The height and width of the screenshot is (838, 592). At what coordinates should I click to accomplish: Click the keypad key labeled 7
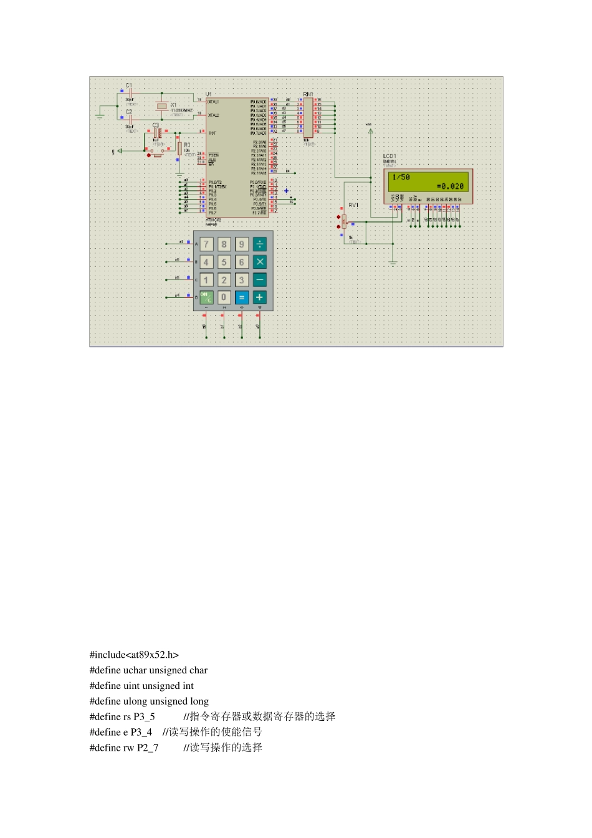(x=206, y=244)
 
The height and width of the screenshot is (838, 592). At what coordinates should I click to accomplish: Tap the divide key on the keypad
(x=260, y=244)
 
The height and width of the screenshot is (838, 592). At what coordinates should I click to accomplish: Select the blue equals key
(x=242, y=297)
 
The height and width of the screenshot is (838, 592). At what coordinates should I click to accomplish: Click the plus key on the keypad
(x=260, y=297)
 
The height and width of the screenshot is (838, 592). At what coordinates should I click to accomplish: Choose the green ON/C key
(x=206, y=297)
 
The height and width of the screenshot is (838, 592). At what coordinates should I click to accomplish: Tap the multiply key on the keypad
(x=260, y=262)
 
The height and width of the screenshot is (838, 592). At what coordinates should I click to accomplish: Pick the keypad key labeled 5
(x=224, y=262)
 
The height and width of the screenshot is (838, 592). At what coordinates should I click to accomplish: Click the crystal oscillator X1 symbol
(x=162, y=107)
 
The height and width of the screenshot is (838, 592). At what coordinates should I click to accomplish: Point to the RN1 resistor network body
(x=308, y=117)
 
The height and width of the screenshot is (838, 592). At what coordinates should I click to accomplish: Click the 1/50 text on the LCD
(x=401, y=178)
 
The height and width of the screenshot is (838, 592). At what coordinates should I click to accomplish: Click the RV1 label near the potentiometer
(x=353, y=205)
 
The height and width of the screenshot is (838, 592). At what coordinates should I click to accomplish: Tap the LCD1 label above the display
(x=389, y=156)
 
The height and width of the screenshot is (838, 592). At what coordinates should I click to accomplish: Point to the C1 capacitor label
(x=128, y=85)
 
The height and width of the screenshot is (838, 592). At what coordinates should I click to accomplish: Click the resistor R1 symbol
(x=179, y=148)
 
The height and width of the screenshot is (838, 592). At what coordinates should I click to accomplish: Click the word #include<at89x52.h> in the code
(x=134, y=655)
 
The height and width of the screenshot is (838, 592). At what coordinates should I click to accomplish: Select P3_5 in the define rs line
(x=144, y=717)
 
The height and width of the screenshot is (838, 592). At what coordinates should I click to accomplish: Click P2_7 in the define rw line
(x=148, y=748)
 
